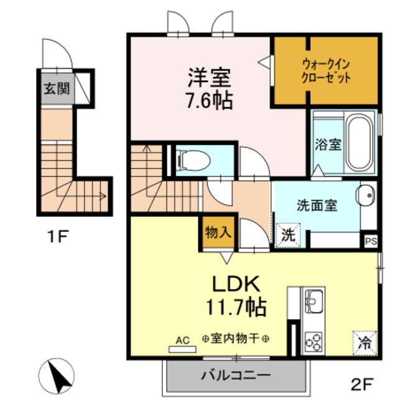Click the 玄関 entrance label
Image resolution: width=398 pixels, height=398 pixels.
click(56, 88)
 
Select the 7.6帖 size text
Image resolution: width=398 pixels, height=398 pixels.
click(210, 100)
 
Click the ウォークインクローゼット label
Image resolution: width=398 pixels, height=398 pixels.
click(326, 70)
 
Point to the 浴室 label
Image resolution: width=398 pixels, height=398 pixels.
click(327, 145)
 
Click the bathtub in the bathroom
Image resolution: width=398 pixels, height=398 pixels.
click(359, 143)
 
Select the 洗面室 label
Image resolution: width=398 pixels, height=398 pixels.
click(317, 203)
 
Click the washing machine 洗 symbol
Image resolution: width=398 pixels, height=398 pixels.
click(287, 234)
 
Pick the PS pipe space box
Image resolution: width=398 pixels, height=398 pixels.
click(371, 241)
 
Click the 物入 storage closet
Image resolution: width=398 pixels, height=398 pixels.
click(218, 233)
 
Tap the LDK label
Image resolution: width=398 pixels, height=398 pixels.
click(236, 284)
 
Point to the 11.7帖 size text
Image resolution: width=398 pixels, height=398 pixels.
click(236, 306)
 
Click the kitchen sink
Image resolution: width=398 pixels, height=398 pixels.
click(313, 301)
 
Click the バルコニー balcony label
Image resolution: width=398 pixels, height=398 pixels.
click(235, 376)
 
